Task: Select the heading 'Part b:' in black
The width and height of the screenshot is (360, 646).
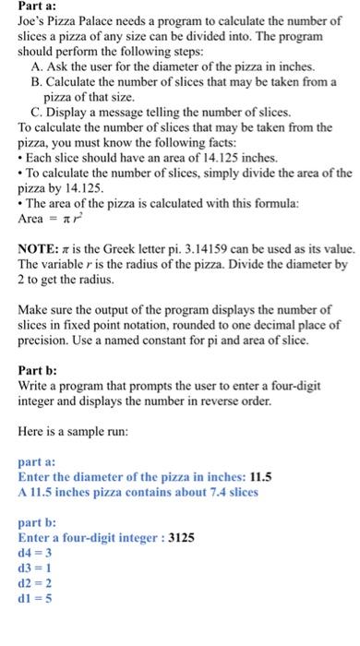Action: pos(40,370)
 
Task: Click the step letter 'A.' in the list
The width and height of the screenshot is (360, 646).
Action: pos(39,67)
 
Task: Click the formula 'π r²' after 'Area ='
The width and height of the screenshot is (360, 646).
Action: pos(78,217)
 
